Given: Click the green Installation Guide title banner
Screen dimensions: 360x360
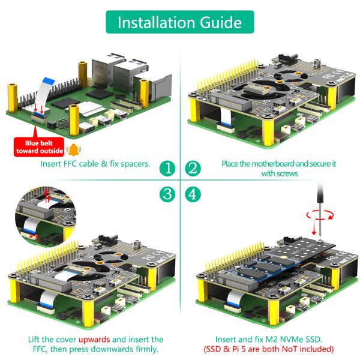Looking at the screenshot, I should tap(180, 22).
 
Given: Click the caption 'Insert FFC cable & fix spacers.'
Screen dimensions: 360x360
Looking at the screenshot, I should tap(95, 163).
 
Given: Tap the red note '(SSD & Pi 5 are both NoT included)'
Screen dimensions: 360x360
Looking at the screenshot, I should tap(274, 349).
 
